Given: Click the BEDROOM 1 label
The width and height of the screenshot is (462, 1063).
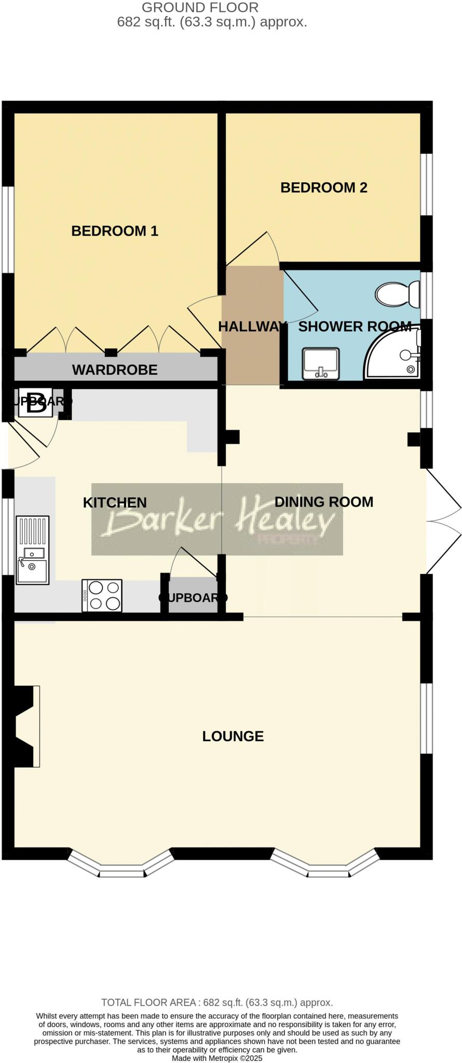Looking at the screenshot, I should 114,231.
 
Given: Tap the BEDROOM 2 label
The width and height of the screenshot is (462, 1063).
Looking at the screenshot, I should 323,187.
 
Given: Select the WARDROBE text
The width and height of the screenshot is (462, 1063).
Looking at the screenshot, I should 115,370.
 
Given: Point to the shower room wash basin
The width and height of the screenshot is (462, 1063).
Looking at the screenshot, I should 320,363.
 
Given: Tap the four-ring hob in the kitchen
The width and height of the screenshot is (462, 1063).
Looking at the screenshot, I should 102,595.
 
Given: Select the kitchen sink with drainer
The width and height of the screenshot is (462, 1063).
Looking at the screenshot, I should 33,550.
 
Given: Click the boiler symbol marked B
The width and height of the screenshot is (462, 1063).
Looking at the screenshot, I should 36,403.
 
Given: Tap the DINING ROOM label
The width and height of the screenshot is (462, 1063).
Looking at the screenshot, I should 323,502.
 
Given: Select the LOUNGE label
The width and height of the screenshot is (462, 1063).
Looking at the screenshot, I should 233,736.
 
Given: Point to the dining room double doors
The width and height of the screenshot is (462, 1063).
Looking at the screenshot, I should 443,520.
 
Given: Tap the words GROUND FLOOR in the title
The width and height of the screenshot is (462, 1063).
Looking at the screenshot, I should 200,8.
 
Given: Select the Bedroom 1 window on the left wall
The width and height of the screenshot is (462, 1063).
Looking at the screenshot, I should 7,229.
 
